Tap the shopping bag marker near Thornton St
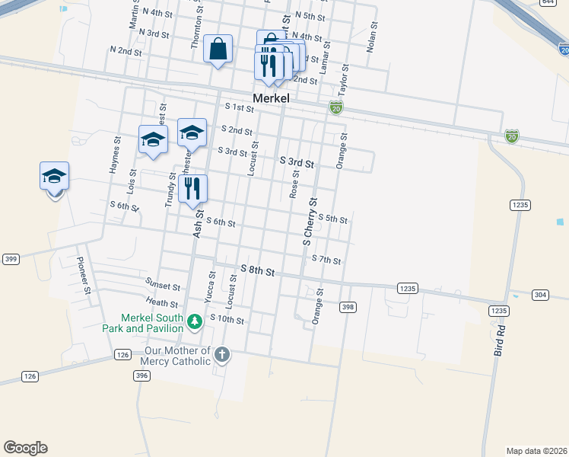pos(218,50)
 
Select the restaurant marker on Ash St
pos(193,188)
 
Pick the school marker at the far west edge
pos(55,177)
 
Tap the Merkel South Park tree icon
pos(195,321)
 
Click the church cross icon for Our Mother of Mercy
pos(221,354)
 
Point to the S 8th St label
pos(257,270)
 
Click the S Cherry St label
pos(310,221)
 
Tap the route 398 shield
pos(348,307)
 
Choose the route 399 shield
pos(10,259)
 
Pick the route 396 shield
pos(141,375)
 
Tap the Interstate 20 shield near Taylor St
pos(335,107)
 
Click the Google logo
pos(25,448)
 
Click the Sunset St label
pos(164,287)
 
